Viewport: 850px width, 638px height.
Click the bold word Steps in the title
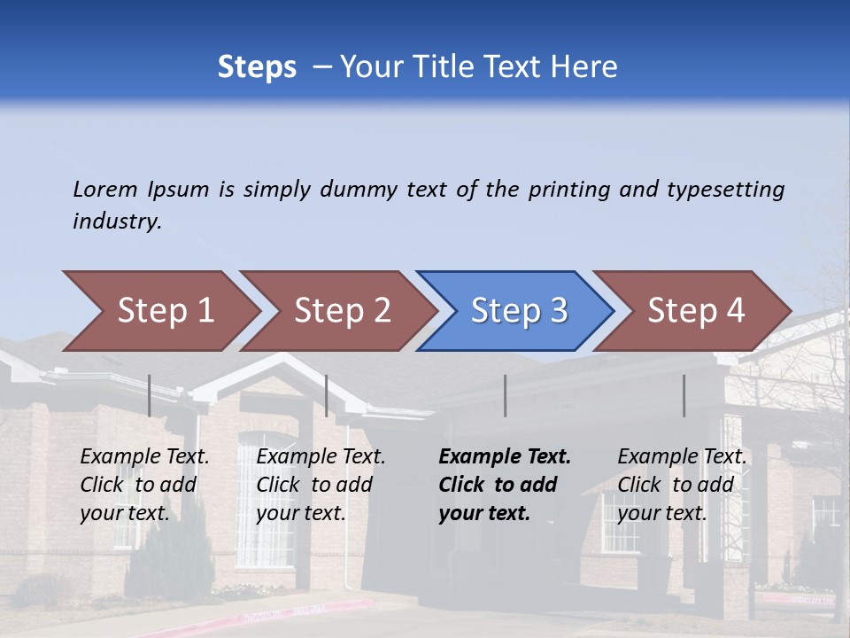[257, 67]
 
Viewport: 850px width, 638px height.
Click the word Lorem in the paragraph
[105, 190]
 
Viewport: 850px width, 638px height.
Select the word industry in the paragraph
[117, 222]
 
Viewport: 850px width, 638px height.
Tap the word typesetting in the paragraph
[725, 190]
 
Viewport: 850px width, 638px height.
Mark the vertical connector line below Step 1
[150, 395]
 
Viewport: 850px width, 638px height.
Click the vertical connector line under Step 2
[327, 395]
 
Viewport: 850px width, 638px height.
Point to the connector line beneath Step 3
[505, 395]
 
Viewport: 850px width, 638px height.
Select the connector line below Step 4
[684, 395]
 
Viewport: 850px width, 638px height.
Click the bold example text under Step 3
[504, 485]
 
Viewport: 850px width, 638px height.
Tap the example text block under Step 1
[144, 485]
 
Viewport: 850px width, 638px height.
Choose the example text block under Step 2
[321, 485]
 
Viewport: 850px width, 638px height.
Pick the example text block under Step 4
[682, 485]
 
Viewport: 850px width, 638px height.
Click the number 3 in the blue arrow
[558, 311]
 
